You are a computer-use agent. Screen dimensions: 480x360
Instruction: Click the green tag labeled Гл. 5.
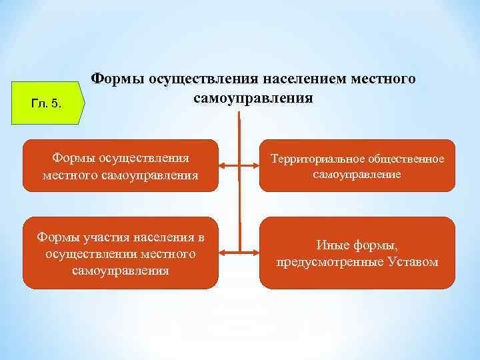pos(47,103)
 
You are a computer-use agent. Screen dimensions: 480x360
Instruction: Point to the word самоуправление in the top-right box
pos(356,174)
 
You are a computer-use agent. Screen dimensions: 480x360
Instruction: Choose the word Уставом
pos(411,262)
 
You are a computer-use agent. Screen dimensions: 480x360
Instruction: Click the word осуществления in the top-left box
pos(144,159)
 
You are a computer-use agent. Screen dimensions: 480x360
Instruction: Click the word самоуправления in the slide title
pos(253,98)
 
